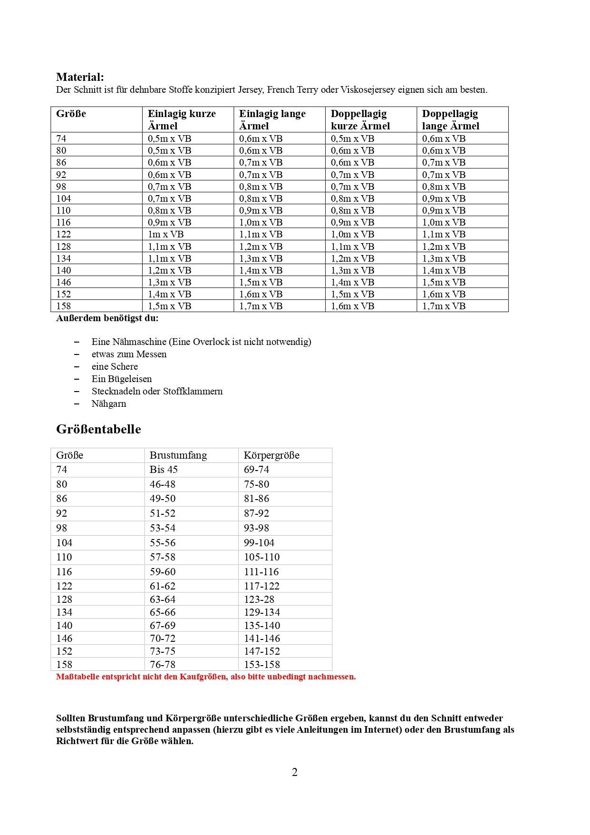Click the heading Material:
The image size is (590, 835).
[x=80, y=77]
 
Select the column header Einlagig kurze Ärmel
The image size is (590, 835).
[x=182, y=119]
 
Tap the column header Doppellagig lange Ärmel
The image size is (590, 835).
[x=450, y=119]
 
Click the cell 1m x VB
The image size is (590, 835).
[x=165, y=234]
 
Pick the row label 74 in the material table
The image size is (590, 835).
[x=61, y=138]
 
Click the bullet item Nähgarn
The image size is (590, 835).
[x=109, y=403]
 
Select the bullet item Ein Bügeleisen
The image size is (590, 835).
[x=122, y=379]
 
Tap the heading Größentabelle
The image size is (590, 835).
[x=98, y=429]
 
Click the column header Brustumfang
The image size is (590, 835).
[x=178, y=455]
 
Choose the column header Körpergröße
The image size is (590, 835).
[x=271, y=455]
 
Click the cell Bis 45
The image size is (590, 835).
[x=164, y=470]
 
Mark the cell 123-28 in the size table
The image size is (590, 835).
[x=259, y=599]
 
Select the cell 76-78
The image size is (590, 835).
[x=163, y=664]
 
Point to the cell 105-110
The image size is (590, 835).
[x=261, y=557]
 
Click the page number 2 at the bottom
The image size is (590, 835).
[x=295, y=772]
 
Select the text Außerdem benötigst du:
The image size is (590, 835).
[x=107, y=318]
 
